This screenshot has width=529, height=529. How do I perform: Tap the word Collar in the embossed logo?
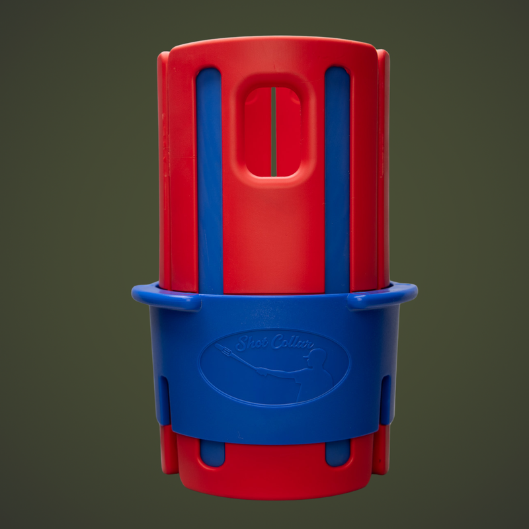(292, 342)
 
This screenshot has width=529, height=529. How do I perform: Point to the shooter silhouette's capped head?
(316, 356)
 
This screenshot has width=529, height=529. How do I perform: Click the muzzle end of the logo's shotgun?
(217, 346)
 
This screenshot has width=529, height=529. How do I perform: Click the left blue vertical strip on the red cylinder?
(210, 181)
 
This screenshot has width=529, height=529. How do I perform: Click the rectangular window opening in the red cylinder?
(273, 132)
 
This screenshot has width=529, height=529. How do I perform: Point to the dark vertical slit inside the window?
(274, 132)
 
